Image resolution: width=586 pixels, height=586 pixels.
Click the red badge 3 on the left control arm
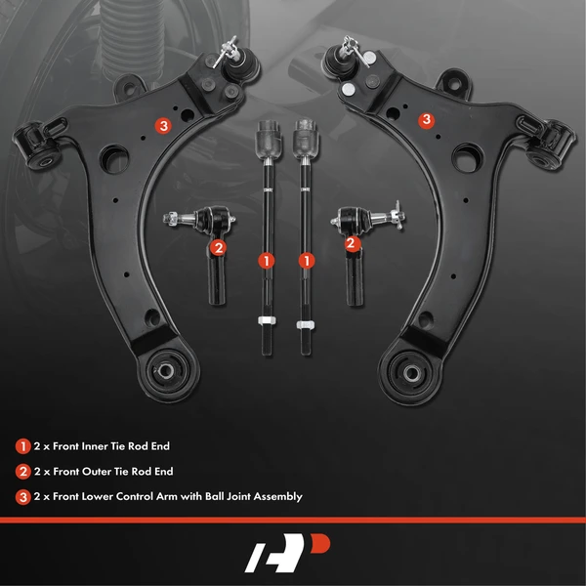click(163, 125)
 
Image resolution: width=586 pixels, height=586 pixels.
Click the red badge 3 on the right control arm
click(426, 120)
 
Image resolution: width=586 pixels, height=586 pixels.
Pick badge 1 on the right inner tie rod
click(308, 261)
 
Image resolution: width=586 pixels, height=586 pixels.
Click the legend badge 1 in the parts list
click(21, 446)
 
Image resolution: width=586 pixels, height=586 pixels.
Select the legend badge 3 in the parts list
click(21, 496)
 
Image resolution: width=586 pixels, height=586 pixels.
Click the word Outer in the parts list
click(96, 472)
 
